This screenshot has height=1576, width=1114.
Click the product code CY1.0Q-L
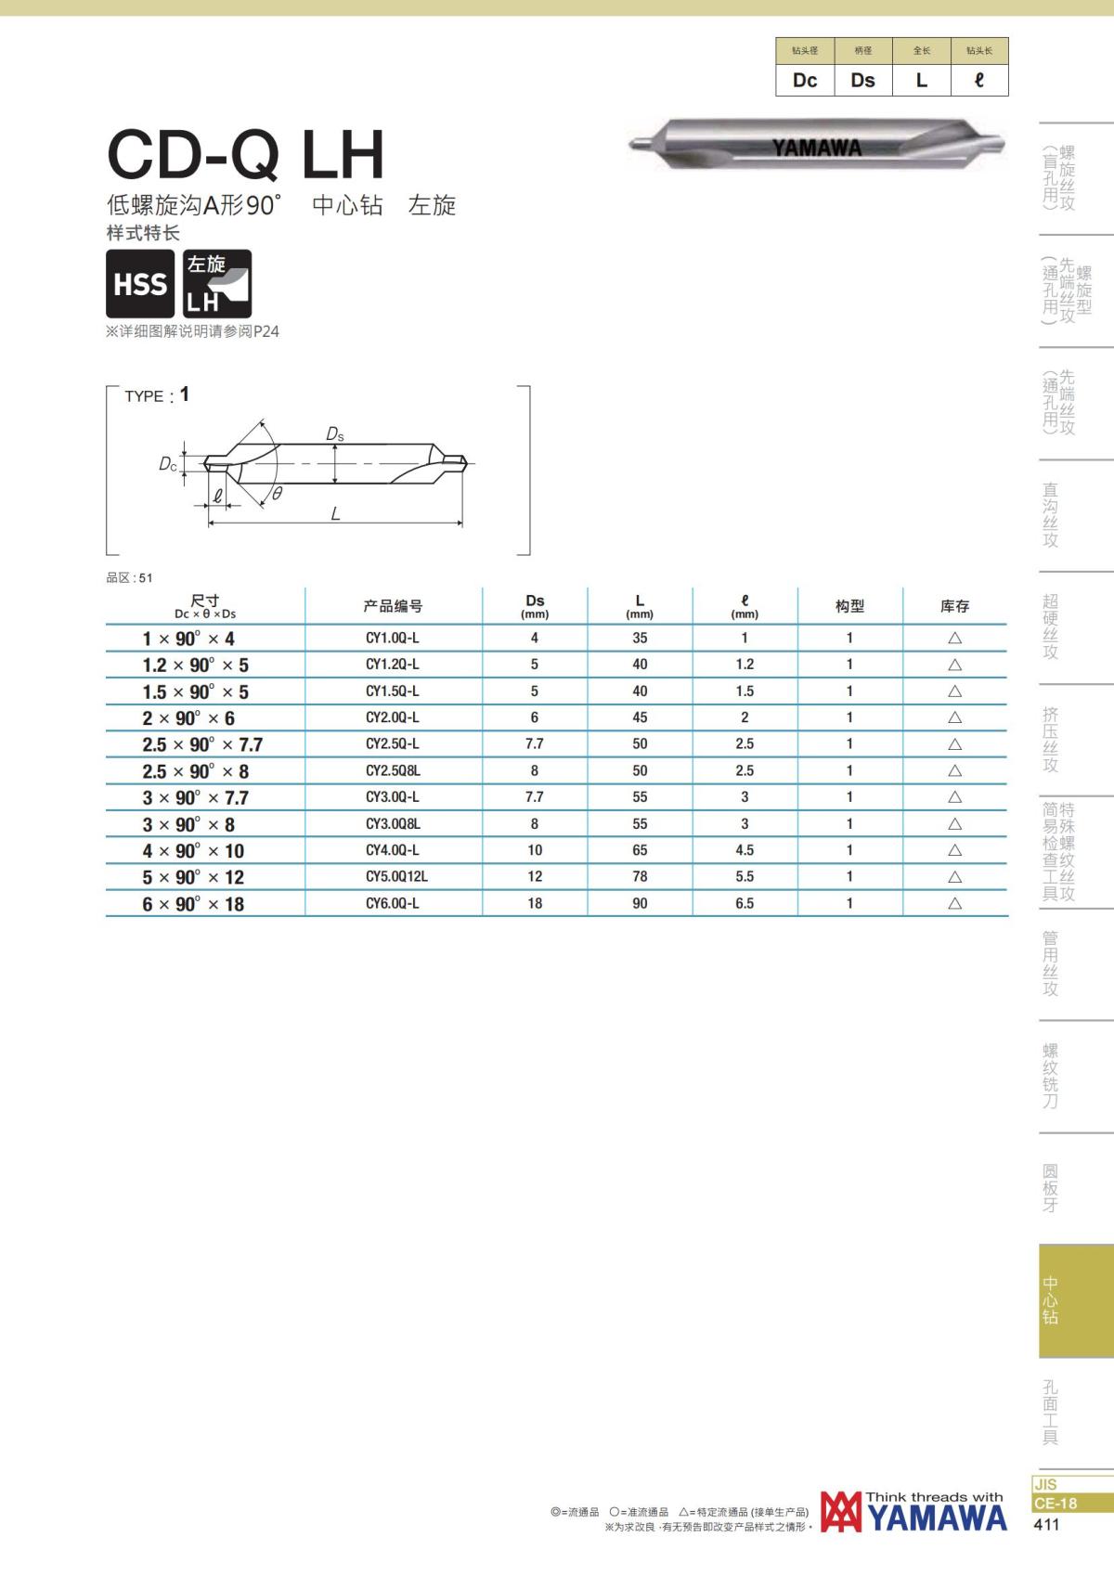pyautogui.click(x=392, y=639)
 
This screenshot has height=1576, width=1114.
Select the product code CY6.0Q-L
pyautogui.click(x=392, y=903)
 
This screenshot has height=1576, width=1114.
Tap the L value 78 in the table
pyautogui.click(x=639, y=877)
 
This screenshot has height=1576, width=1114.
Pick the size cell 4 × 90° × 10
pyautogui.click(x=193, y=850)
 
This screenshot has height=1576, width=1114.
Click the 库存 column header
pyautogui.click(x=954, y=606)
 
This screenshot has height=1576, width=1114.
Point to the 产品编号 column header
pyautogui.click(x=393, y=606)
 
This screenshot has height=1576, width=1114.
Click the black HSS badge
pyautogui.click(x=140, y=283)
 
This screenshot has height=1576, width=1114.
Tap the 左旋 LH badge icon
pyautogui.click(x=216, y=283)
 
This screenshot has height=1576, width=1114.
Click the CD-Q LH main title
pyautogui.click(x=246, y=154)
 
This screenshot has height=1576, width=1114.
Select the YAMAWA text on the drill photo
pyautogui.click(x=816, y=148)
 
